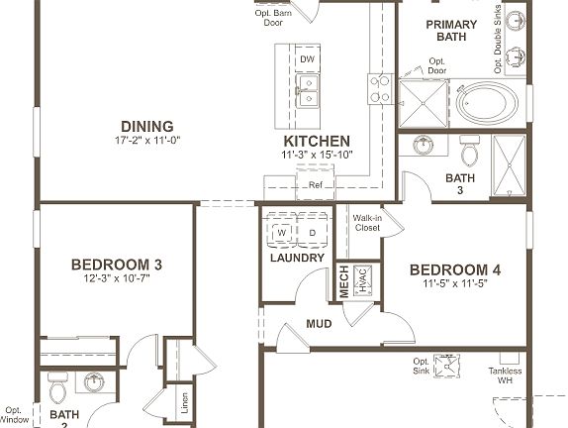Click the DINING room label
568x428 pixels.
[x=147, y=126]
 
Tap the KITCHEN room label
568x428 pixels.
[x=316, y=141]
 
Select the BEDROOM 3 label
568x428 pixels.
[x=116, y=265]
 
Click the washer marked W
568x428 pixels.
[x=281, y=233]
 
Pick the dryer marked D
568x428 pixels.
[x=311, y=233]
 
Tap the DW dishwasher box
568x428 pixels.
[x=307, y=59]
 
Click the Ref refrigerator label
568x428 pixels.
[x=316, y=185]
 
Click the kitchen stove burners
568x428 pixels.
[x=380, y=89]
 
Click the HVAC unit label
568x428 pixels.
[x=362, y=280]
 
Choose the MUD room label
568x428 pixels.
[x=319, y=324]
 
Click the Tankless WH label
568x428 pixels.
[x=506, y=376]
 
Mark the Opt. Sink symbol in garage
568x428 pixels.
[x=451, y=368]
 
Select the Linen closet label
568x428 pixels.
[x=184, y=403]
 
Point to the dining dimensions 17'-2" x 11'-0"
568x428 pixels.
[x=147, y=141]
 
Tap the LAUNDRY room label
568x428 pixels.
[x=297, y=258]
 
